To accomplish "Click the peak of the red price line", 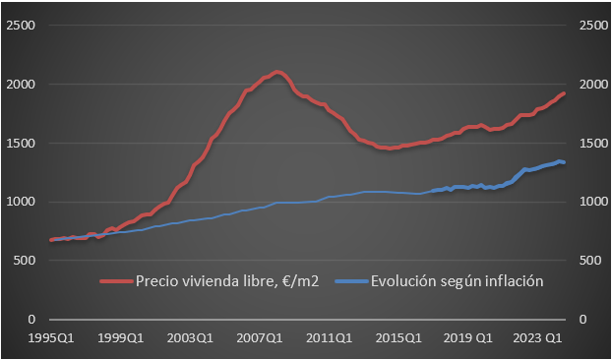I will [278, 72].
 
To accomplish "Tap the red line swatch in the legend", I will [117, 281].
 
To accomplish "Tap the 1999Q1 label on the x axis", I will [120, 338].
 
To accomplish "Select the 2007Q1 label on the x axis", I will [261, 338].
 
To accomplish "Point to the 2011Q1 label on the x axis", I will [331, 338].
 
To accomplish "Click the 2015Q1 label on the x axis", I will [400, 338].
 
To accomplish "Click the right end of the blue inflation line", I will [564, 162].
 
